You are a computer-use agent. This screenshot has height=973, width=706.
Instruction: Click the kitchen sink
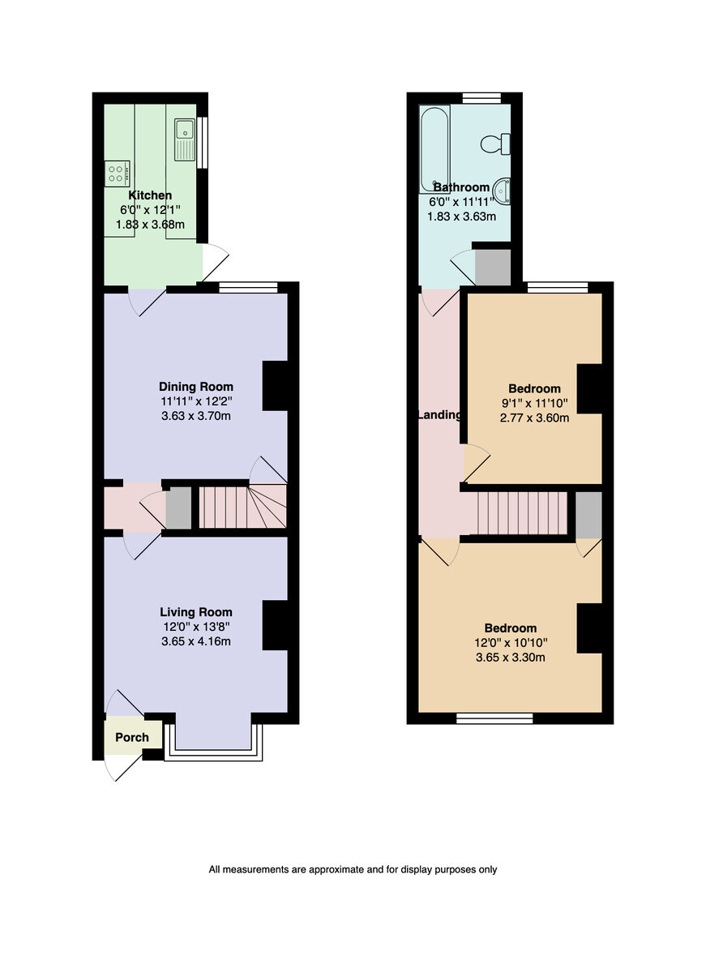coord(185,139)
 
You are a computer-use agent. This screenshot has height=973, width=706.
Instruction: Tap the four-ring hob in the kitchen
coord(117,174)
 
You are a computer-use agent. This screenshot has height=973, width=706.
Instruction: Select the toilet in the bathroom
coord(495,144)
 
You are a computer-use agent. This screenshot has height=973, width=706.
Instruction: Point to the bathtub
coord(434,149)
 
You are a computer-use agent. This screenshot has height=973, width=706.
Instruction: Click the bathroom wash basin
coord(502,191)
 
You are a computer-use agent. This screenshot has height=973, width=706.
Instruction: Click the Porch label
coord(132,737)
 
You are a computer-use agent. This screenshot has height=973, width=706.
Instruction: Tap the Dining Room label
coord(196,386)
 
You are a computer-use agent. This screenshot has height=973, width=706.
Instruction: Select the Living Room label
coord(196,611)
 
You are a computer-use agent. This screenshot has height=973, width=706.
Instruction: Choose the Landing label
coord(439,415)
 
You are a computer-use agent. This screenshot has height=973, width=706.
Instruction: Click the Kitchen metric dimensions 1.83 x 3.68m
coord(150,224)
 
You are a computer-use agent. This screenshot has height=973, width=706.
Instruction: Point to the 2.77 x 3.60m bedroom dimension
coord(534,418)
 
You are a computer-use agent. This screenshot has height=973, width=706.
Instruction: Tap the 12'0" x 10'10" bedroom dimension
coord(511,642)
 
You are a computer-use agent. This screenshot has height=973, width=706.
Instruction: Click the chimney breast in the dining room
coord(275,385)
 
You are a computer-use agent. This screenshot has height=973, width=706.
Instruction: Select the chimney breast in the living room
coord(275,625)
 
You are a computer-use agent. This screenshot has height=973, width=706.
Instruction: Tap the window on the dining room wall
coord(248,287)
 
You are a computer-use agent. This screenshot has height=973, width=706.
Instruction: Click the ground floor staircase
coord(242,507)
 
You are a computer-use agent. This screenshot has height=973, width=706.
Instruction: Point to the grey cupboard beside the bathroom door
coord(493,267)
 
